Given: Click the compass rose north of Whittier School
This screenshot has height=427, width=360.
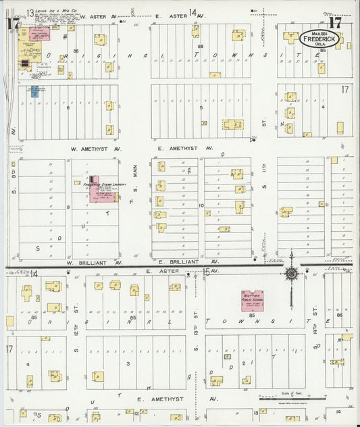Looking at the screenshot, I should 291,273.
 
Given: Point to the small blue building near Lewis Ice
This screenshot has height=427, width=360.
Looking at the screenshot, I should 34,91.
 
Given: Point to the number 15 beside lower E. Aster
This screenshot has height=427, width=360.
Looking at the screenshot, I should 206,272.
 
